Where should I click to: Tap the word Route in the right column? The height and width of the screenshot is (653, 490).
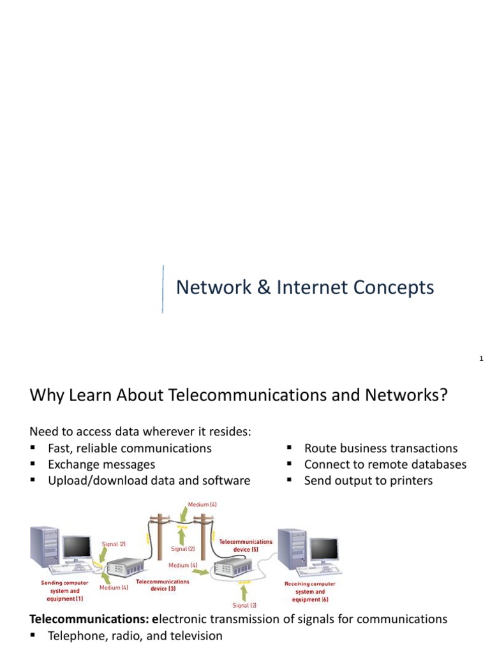pyautogui.click(x=319, y=448)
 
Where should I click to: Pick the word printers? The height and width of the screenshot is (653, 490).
pyautogui.click(x=411, y=481)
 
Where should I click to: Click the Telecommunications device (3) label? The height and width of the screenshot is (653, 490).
pyautogui.click(x=162, y=585)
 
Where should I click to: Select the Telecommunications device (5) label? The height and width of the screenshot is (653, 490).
pyautogui.click(x=246, y=545)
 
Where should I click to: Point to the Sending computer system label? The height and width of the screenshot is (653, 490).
pyautogui.click(x=64, y=591)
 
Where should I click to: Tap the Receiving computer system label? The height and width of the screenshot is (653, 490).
pyautogui.click(x=309, y=591)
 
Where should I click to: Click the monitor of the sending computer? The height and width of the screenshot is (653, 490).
pyautogui.click(x=76, y=547)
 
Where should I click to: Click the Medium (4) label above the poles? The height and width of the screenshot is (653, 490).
pyautogui.click(x=202, y=504)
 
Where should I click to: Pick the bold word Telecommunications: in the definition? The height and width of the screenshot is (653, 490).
pyautogui.click(x=89, y=619)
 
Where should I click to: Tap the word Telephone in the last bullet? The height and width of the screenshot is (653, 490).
pyautogui.click(x=75, y=636)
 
